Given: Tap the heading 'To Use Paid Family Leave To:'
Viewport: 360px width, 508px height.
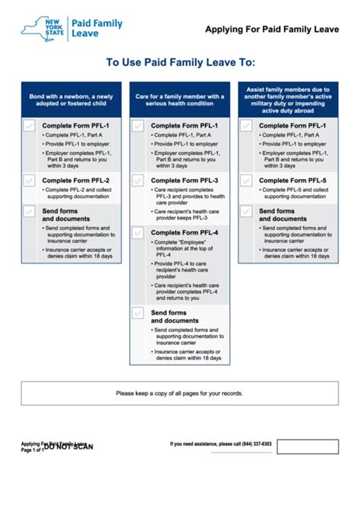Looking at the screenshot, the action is (x=180, y=63).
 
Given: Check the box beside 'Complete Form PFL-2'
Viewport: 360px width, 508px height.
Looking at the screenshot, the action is (x=29, y=181).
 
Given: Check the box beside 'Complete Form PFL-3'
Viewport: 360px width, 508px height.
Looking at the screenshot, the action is (x=137, y=181).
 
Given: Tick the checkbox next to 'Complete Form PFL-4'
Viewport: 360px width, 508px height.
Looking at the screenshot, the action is (x=137, y=232).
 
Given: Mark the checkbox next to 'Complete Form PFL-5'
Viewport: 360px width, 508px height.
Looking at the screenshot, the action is (x=246, y=181).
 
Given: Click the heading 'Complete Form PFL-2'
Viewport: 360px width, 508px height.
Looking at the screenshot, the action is (x=75, y=180).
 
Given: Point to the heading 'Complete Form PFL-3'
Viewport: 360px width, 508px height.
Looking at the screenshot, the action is (x=185, y=180).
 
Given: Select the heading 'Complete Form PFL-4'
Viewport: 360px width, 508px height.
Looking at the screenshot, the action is (x=185, y=232).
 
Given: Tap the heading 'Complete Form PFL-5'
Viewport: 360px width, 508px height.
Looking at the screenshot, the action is (x=293, y=180).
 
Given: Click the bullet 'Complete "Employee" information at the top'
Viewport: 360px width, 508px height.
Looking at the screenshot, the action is (x=187, y=247).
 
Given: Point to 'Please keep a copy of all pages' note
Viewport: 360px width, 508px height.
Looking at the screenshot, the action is (x=180, y=393).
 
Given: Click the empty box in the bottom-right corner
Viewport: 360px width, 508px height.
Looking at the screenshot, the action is (x=307, y=446).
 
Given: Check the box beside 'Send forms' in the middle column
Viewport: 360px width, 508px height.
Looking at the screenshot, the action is (x=137, y=312).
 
